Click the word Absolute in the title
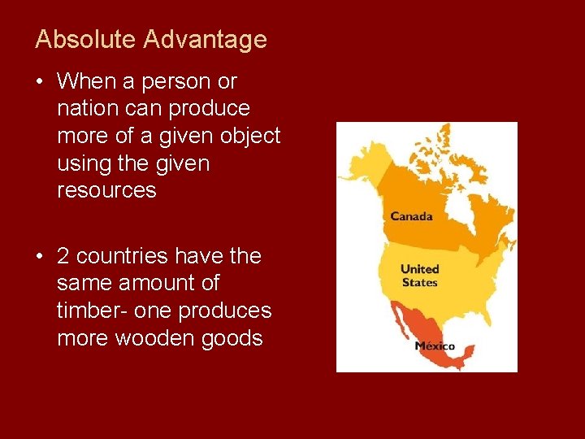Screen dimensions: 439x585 76,39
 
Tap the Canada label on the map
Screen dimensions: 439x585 411,216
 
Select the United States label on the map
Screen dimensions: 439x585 419,276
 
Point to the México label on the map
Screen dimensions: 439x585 435,346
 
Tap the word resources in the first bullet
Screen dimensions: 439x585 106,190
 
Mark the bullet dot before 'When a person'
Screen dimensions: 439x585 40,82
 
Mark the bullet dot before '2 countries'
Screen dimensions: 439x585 40,257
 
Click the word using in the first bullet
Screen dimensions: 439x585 84,163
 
